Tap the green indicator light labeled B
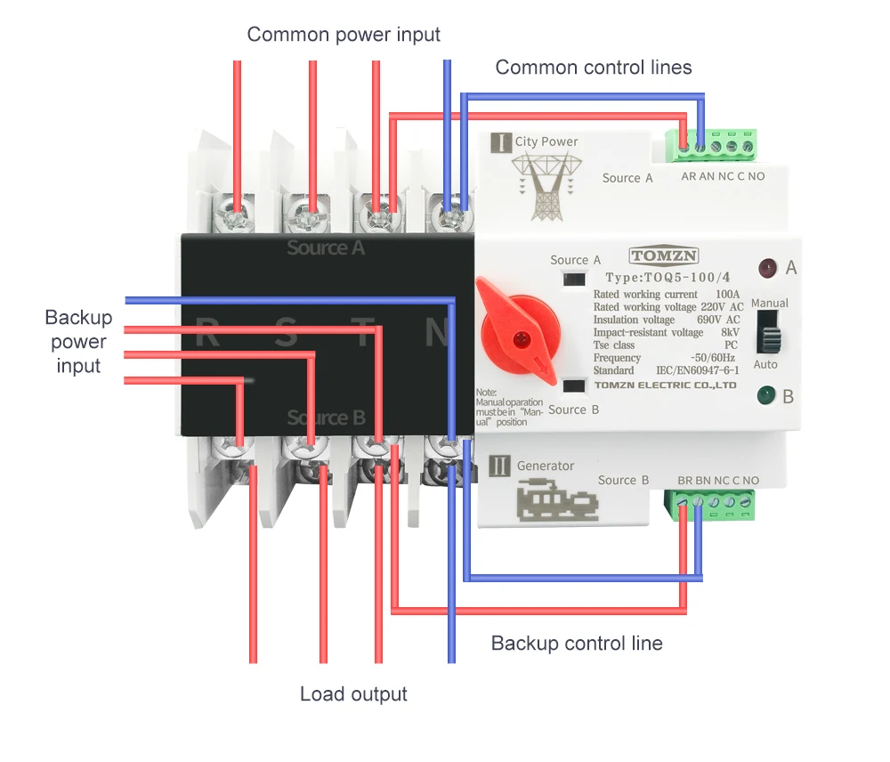tap(765, 395)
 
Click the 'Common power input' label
tap(344, 35)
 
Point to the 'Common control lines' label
tap(594, 67)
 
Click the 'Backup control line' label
tap(577, 643)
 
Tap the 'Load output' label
tap(353, 694)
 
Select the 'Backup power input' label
tap(78, 342)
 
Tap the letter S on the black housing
tap(286, 333)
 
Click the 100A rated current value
tap(727, 295)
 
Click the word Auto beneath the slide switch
tap(765, 365)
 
